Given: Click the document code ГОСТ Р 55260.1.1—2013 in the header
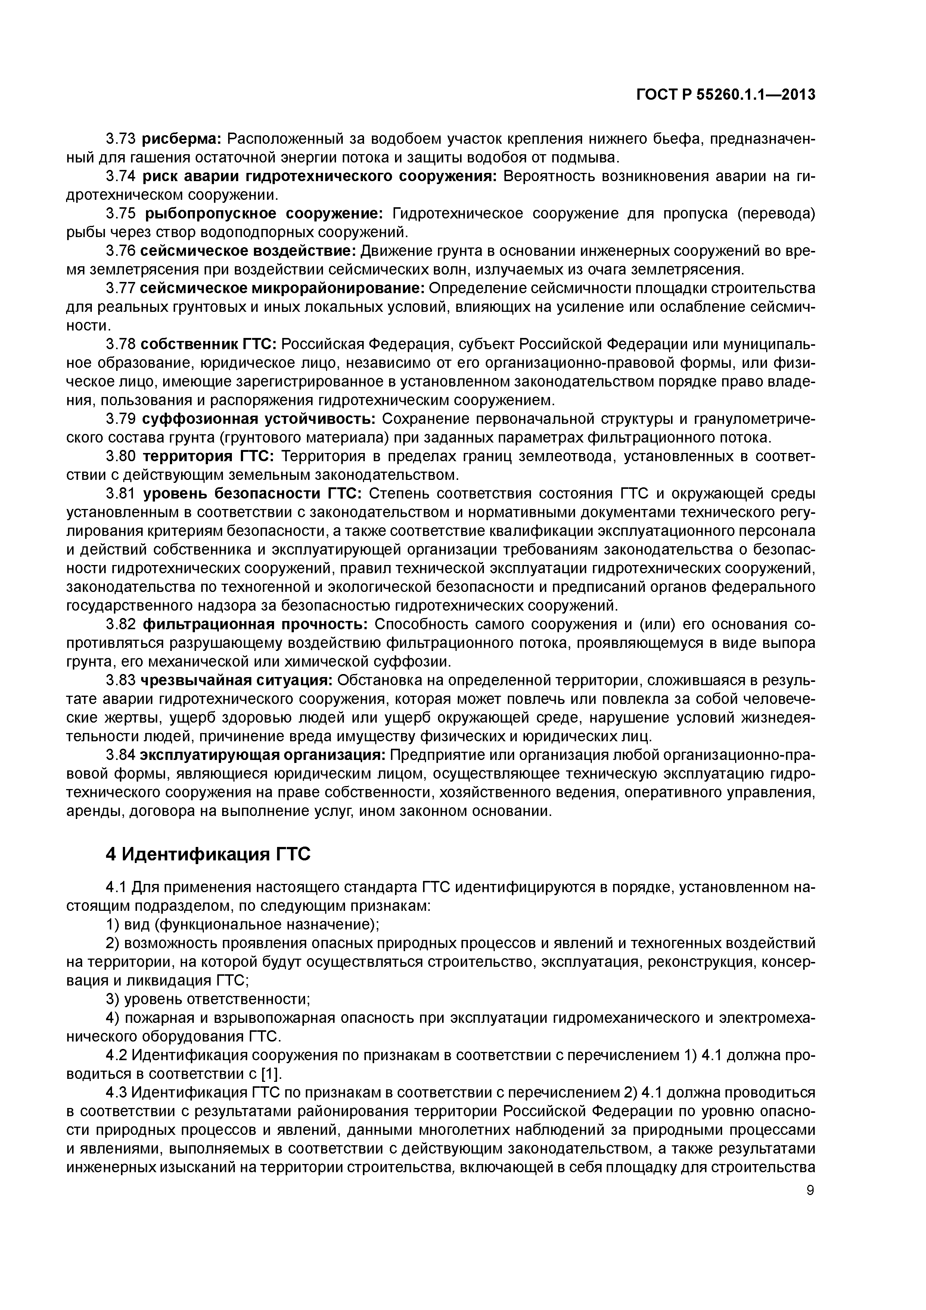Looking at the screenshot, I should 725,95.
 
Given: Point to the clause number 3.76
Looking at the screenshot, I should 120,251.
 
